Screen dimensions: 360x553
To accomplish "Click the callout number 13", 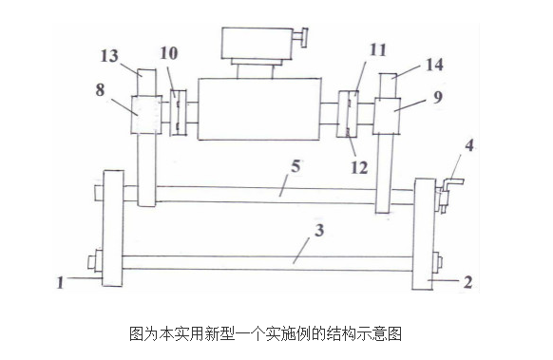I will pyautogui.click(x=108, y=56).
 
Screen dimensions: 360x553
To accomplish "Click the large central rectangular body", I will pyautogui.click(x=256, y=111).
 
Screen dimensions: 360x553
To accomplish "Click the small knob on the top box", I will pyautogui.click(x=303, y=38).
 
